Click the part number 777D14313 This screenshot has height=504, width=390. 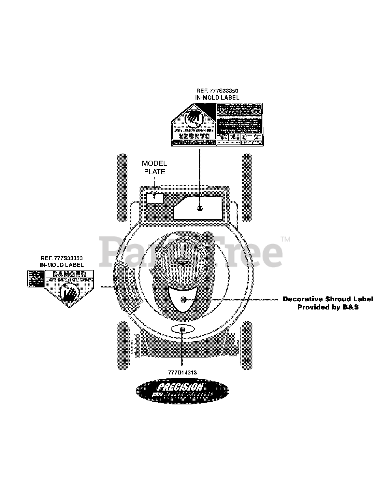pos(182,372)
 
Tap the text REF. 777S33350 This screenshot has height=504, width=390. pos(217,91)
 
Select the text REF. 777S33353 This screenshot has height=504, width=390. pos(61,258)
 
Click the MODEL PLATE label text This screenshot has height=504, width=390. pos(154,167)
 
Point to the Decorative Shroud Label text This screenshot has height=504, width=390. pos(328,299)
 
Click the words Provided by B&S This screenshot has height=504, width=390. pos(328,307)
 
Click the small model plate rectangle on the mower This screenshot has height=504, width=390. pos(155,197)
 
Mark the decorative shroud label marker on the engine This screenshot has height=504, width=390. pos(183,300)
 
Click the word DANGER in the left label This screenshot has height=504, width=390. pos(69,274)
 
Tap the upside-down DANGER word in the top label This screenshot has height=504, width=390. pos(193,136)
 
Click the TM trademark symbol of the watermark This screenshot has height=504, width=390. pos(286,239)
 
